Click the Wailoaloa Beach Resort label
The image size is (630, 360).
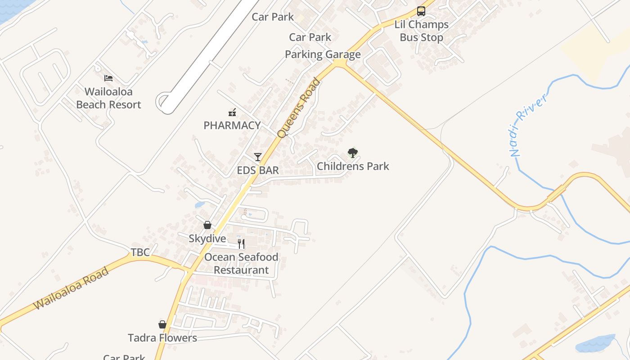coord(108,98)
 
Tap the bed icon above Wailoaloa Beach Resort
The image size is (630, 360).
coord(108,78)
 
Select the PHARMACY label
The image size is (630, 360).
coord(232,126)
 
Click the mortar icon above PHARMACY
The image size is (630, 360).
coord(232,112)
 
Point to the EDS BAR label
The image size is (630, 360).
coord(258,171)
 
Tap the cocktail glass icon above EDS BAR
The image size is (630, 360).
coord(258,157)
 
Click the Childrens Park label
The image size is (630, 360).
coord(353,166)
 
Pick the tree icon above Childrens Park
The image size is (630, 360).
coord(353,153)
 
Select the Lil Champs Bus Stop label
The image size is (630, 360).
coord(421,31)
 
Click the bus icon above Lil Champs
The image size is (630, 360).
coord(421,11)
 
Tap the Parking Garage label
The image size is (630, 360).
coord(323,55)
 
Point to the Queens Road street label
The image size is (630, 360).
coord(298,108)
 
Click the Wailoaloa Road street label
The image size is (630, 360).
coord(71,288)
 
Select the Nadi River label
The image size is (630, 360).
coord(529,124)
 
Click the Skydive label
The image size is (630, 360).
coord(207,238)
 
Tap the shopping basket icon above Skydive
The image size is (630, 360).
coord(207,225)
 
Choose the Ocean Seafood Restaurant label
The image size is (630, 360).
coord(241,264)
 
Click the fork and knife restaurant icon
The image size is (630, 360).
coord(241,244)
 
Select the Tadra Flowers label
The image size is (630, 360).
coord(162,338)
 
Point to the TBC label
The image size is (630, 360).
coord(140,252)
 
